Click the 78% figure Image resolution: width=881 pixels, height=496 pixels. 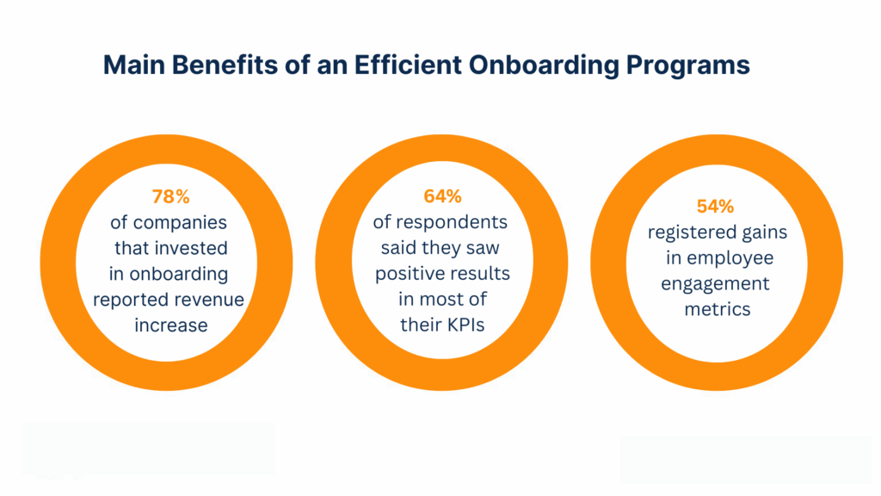[169, 196]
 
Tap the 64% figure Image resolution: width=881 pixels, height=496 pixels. [440, 196]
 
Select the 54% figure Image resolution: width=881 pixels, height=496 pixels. [715, 207]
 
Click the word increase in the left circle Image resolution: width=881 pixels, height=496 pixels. [169, 325]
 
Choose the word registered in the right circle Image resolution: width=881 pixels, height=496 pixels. [693, 232]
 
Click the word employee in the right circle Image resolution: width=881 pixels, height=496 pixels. [736, 258]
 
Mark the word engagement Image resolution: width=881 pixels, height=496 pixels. [717, 284]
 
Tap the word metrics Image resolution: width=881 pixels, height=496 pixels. [717, 310]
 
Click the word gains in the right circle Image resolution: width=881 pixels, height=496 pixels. [764, 232]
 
